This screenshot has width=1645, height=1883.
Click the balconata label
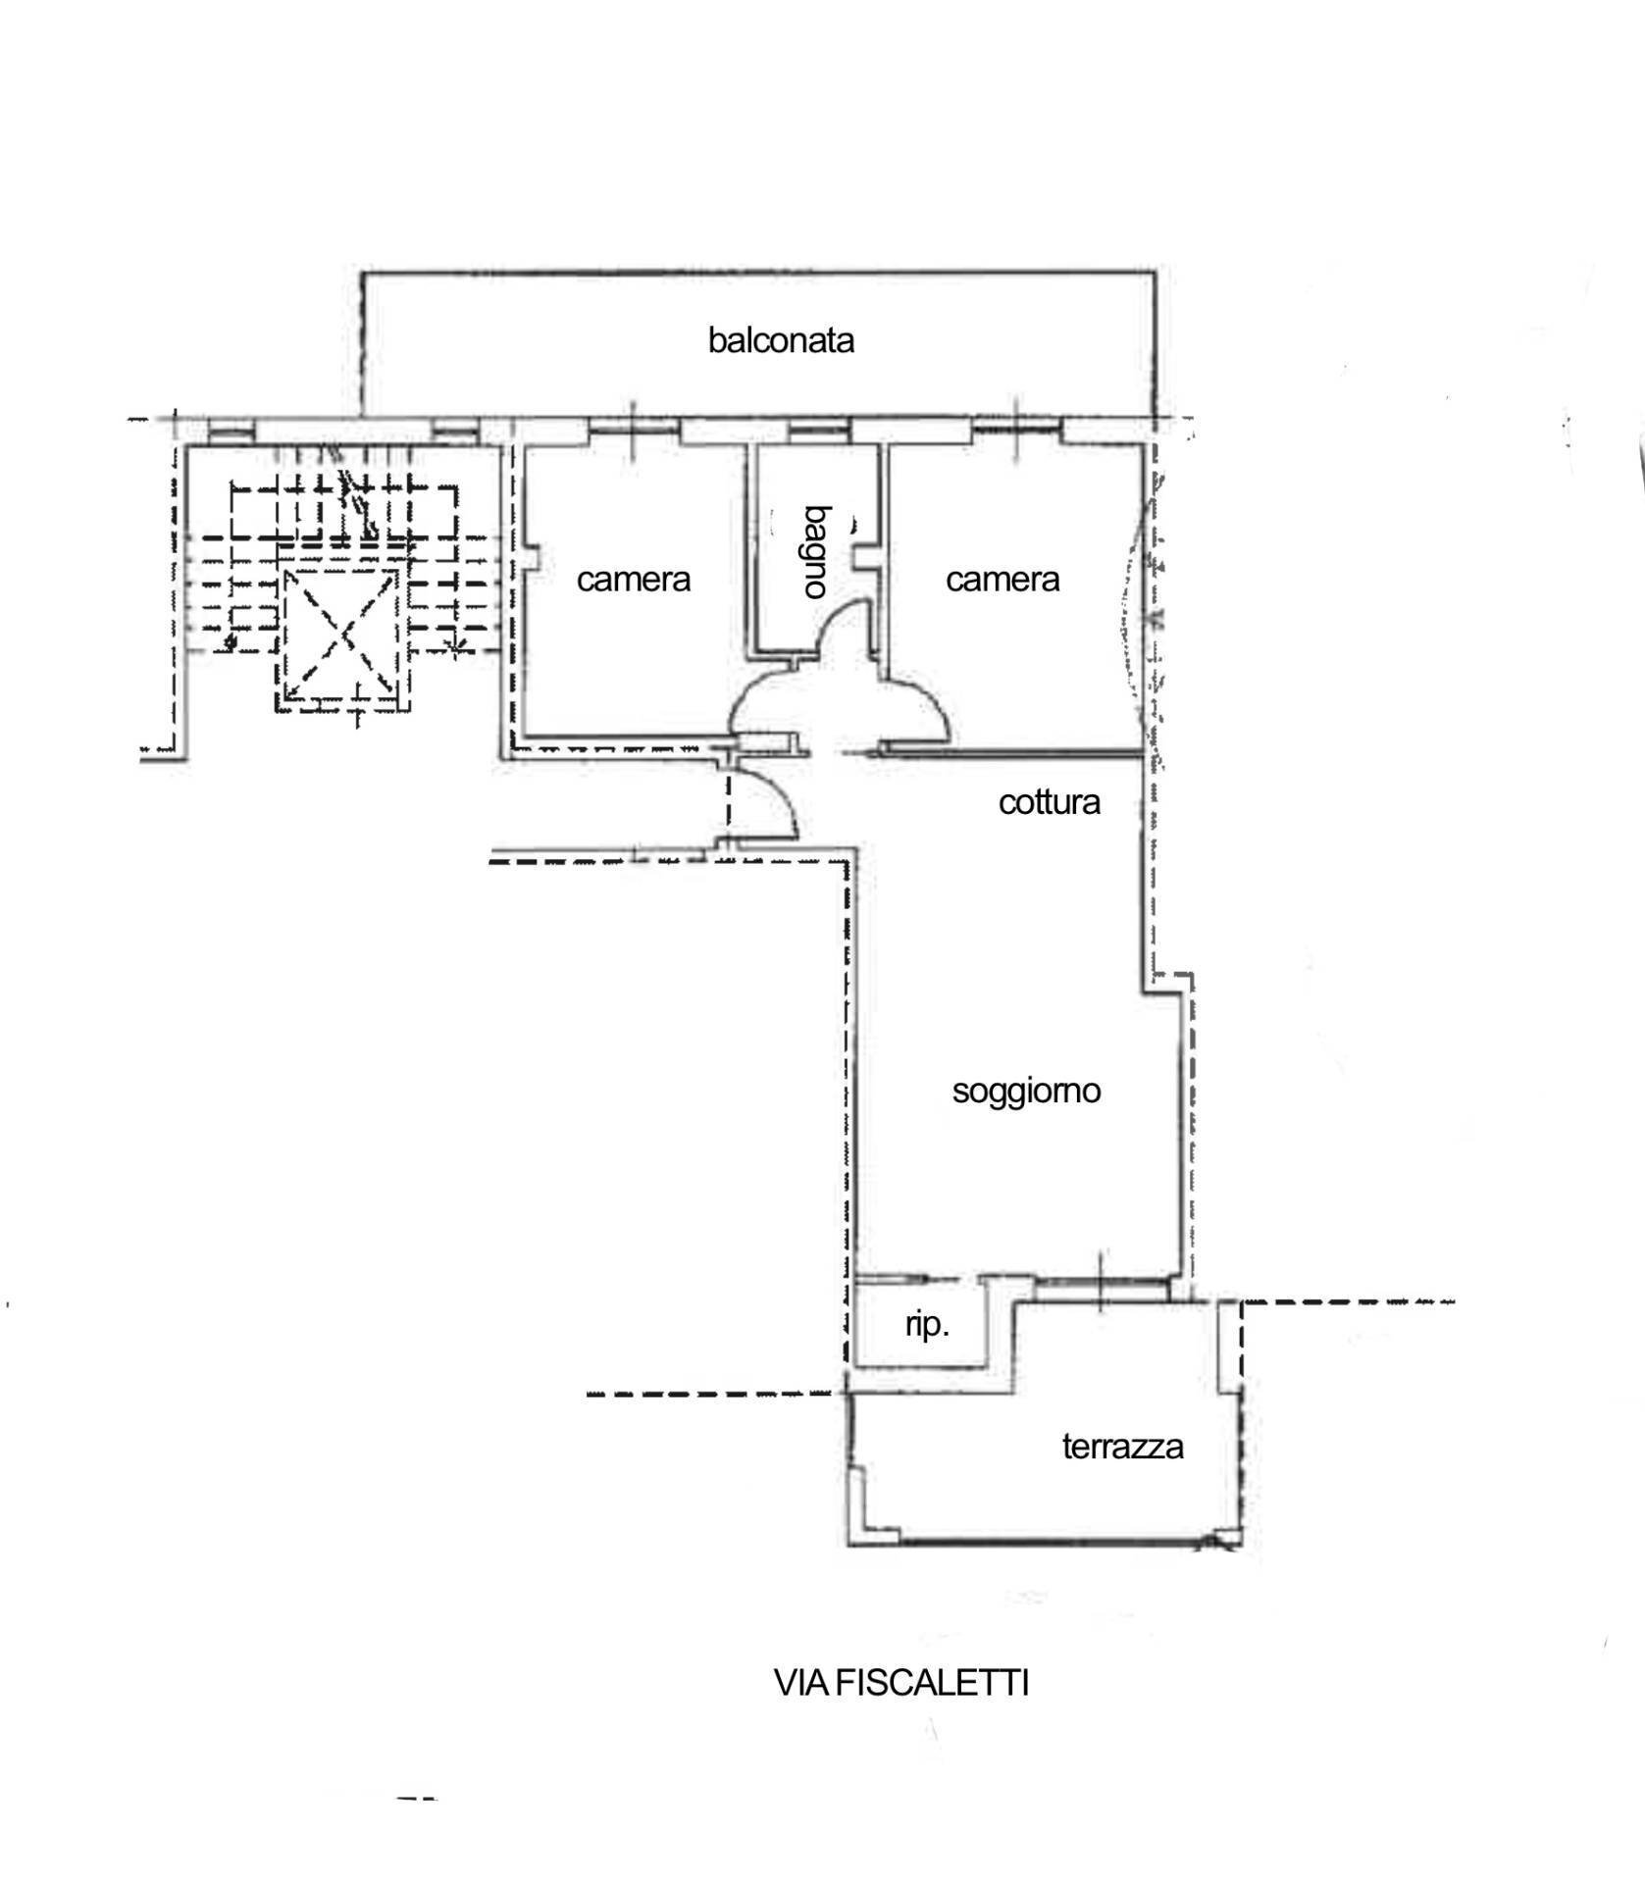781,341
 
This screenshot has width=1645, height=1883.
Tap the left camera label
634,580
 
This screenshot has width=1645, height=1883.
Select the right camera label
1002,580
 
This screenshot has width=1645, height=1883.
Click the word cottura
1049,802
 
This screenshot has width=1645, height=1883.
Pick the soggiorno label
1026,1091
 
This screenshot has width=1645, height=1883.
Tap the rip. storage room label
927,1325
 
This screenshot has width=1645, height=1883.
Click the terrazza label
1122,1447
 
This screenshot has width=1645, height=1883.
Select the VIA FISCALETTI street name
900,1683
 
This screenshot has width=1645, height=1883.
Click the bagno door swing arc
844,628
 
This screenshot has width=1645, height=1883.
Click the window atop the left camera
634,429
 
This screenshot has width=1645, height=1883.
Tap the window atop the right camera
1017,429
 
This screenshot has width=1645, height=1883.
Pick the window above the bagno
819,429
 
